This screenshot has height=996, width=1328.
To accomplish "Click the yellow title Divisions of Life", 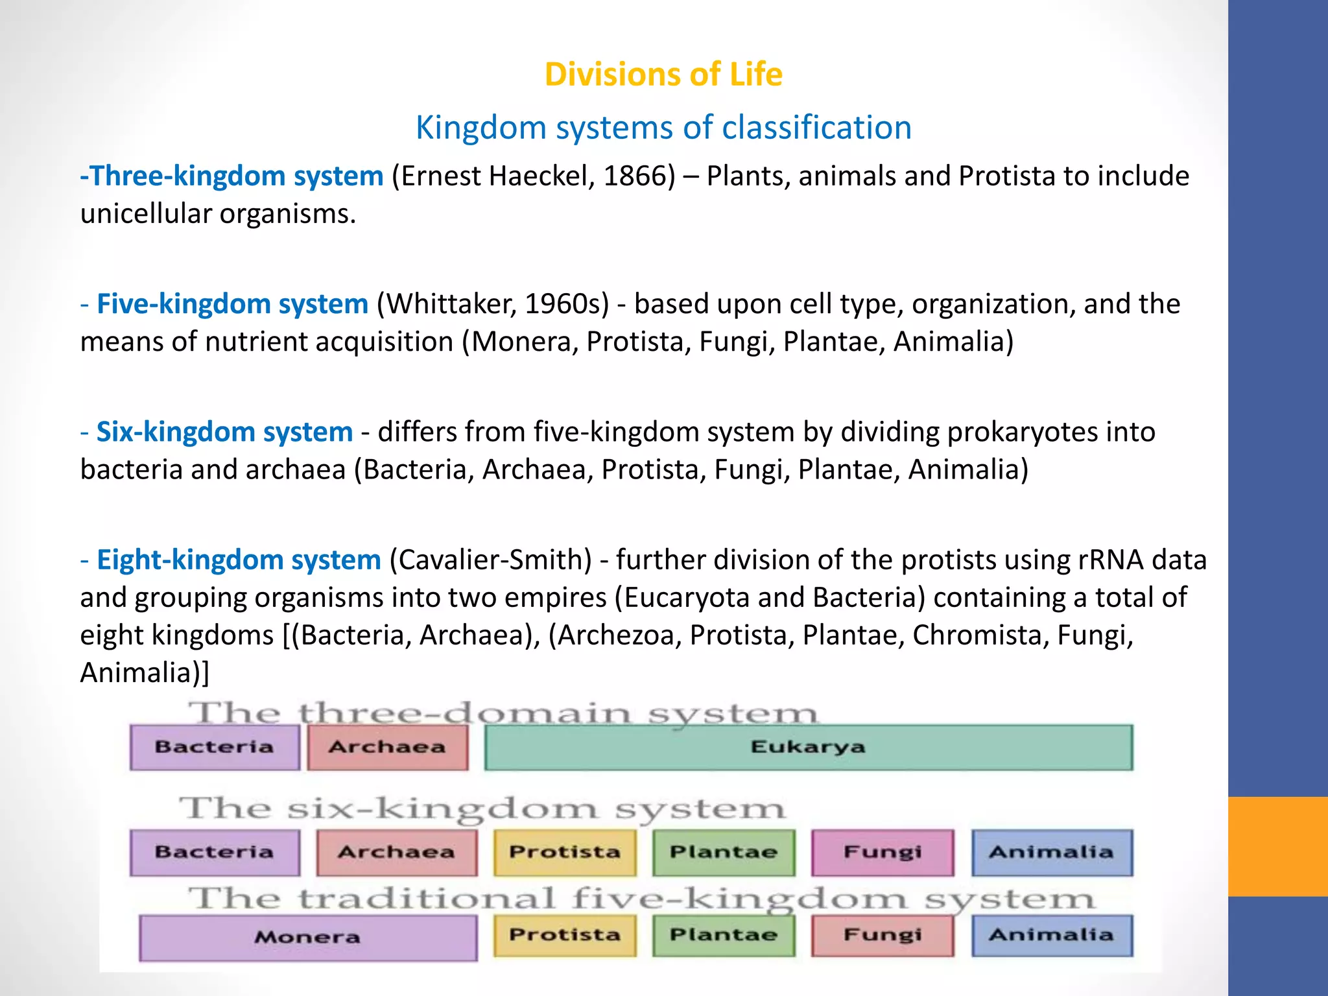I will (663, 74).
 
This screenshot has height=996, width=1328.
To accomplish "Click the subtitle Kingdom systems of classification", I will (663, 127).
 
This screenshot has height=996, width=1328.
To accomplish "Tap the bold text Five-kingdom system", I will (232, 303).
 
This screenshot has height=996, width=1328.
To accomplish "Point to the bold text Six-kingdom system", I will (224, 432).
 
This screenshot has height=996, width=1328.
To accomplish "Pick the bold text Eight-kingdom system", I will (239, 560).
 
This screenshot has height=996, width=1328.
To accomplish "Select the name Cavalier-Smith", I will (491, 560).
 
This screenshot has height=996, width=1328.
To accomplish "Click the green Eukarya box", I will (808, 747).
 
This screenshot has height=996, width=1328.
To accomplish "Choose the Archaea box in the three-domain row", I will (387, 747).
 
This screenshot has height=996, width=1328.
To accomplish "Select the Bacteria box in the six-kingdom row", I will (215, 852).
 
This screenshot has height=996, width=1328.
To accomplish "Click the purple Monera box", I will (307, 937).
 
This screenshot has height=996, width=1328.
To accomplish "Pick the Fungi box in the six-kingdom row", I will (883, 852).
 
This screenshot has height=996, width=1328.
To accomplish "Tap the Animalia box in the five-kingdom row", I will (1052, 935).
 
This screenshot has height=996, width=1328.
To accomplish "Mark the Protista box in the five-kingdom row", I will (565, 935).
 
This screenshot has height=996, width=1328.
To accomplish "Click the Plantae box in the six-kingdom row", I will (724, 852).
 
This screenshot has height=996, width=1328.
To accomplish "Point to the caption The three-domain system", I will (503, 713).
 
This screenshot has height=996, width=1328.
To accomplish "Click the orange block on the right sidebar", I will (1277, 846).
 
